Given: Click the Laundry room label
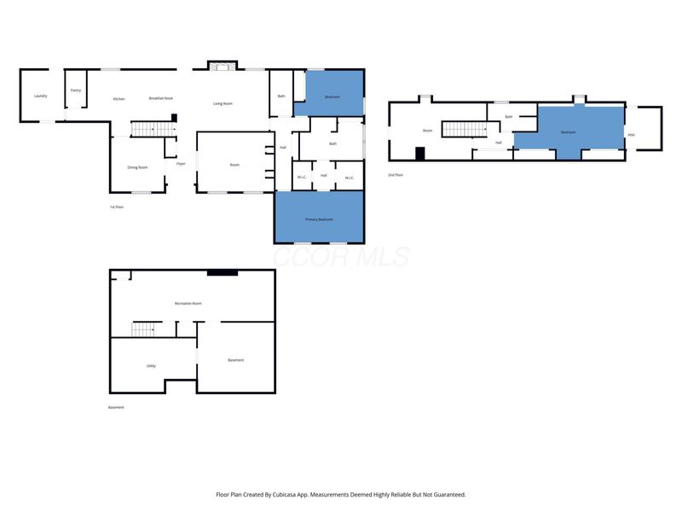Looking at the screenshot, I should coord(40,96).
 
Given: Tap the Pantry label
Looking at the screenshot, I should coord(76,90).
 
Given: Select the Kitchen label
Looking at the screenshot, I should coord(119,99).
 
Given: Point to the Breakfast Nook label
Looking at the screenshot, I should coord(161,99).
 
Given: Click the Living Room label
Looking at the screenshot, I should coord(223,103).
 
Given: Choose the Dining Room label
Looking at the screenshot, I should coord(137,167).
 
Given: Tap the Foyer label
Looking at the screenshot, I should coord(181,163).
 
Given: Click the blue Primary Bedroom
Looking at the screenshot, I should coord(319,218).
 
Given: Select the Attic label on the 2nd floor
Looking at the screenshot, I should coord(632,134).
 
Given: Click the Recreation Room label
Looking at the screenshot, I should coord(188,304).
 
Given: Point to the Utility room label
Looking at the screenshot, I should coord(151,365).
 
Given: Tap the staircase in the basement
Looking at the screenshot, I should coord(145,329).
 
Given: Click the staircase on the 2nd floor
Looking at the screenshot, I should coord(463,130).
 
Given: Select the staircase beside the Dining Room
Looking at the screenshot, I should coord(151,130).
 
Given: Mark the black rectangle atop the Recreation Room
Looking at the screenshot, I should coord(223,272).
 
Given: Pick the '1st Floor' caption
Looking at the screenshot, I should coord(117,207).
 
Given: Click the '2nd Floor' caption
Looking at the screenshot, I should coord(396,174).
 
